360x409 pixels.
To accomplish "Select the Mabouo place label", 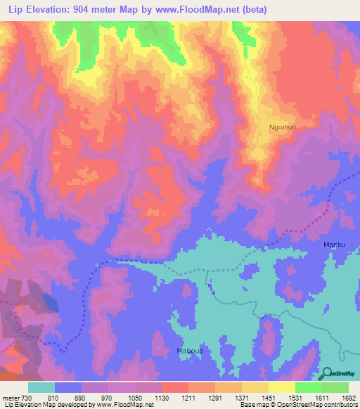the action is [x=189, y=350].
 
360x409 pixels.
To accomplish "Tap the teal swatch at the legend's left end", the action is [x=41, y=387].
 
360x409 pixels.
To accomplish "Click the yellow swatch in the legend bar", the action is [x=281, y=387].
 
